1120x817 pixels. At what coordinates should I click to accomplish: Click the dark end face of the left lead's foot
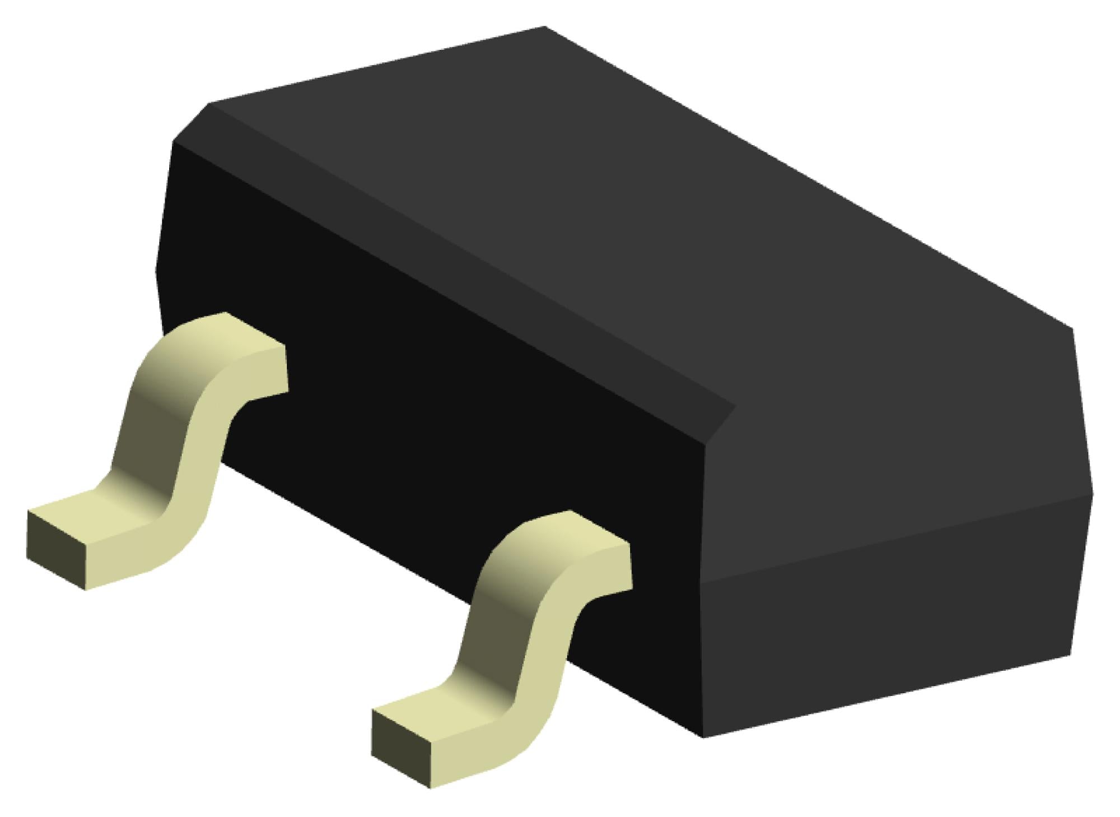(56, 552)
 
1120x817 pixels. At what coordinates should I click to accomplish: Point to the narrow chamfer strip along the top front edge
(448, 252)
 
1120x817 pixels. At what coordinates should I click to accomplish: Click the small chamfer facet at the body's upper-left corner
(190, 123)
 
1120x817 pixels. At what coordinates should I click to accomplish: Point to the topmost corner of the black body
(544, 27)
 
